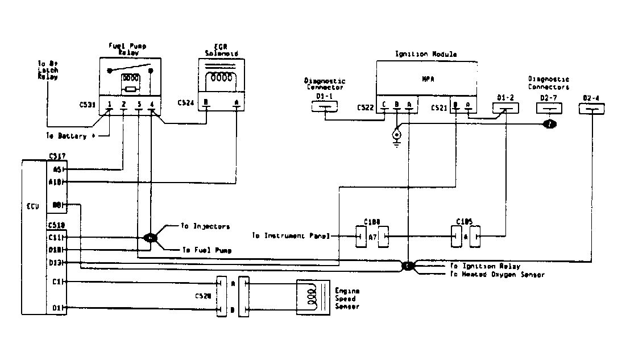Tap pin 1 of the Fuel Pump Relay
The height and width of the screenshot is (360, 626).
coord(109,104)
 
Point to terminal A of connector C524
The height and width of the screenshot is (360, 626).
coord(236,104)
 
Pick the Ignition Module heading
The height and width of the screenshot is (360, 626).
coord(425,55)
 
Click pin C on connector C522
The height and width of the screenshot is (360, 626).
coord(384,105)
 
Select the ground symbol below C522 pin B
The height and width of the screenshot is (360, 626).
coord(396,140)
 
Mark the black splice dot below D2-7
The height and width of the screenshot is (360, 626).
coord(550,124)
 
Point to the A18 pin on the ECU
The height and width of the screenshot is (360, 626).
coord(57,182)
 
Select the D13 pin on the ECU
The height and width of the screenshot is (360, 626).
coord(57,262)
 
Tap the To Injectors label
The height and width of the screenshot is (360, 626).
coord(205,226)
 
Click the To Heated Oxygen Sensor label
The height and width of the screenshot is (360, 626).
coord(496,275)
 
